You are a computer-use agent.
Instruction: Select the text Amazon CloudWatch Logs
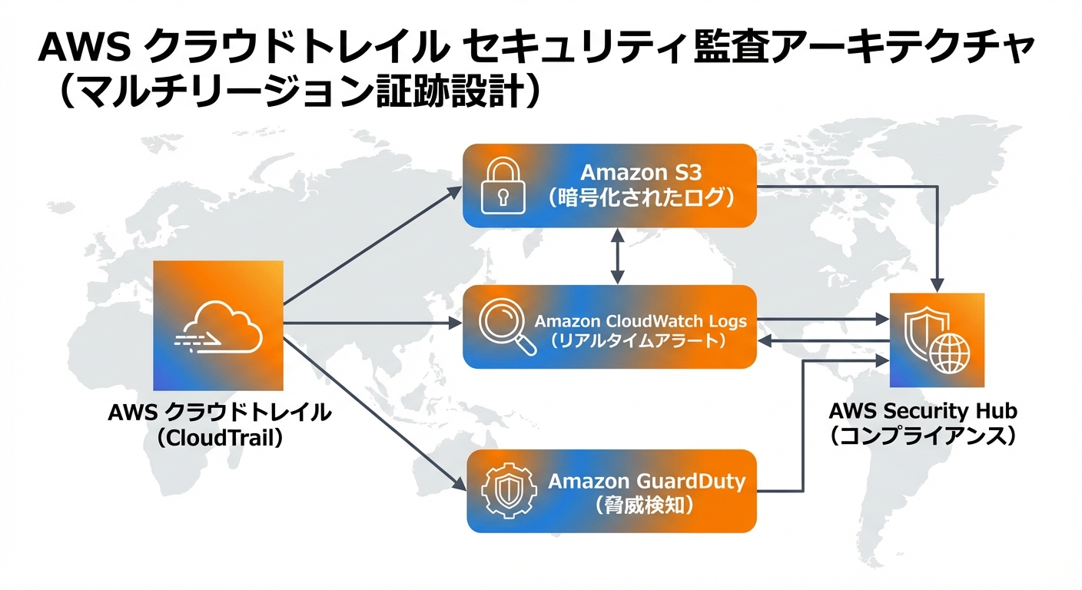(640, 320)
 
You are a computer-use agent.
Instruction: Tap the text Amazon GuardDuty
(646, 482)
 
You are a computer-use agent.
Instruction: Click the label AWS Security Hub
(923, 411)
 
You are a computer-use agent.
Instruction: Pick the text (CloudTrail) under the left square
(219, 438)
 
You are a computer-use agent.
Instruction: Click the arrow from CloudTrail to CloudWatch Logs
(373, 323)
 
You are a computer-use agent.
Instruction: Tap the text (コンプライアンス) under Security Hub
(923, 436)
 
